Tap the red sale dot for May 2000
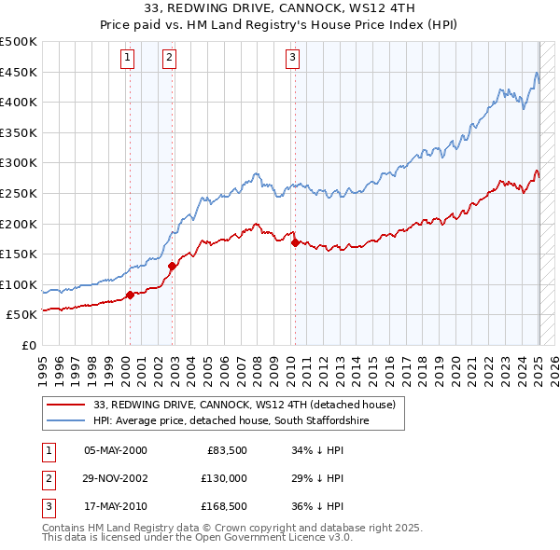130,295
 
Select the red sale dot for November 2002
172,266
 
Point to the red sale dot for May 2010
295,242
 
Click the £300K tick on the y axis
20,163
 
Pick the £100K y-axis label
20,284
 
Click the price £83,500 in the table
226,450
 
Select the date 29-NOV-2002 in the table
116,478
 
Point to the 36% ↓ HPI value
317,507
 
